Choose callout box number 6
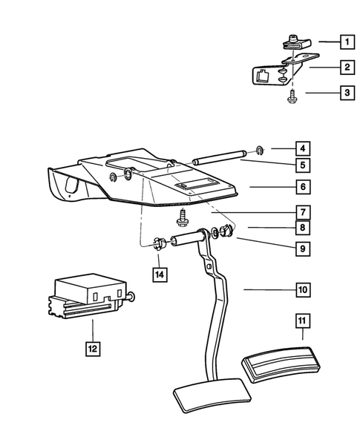point(304,187)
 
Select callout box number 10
point(304,289)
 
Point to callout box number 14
point(159,275)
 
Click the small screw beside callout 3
point(289,96)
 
